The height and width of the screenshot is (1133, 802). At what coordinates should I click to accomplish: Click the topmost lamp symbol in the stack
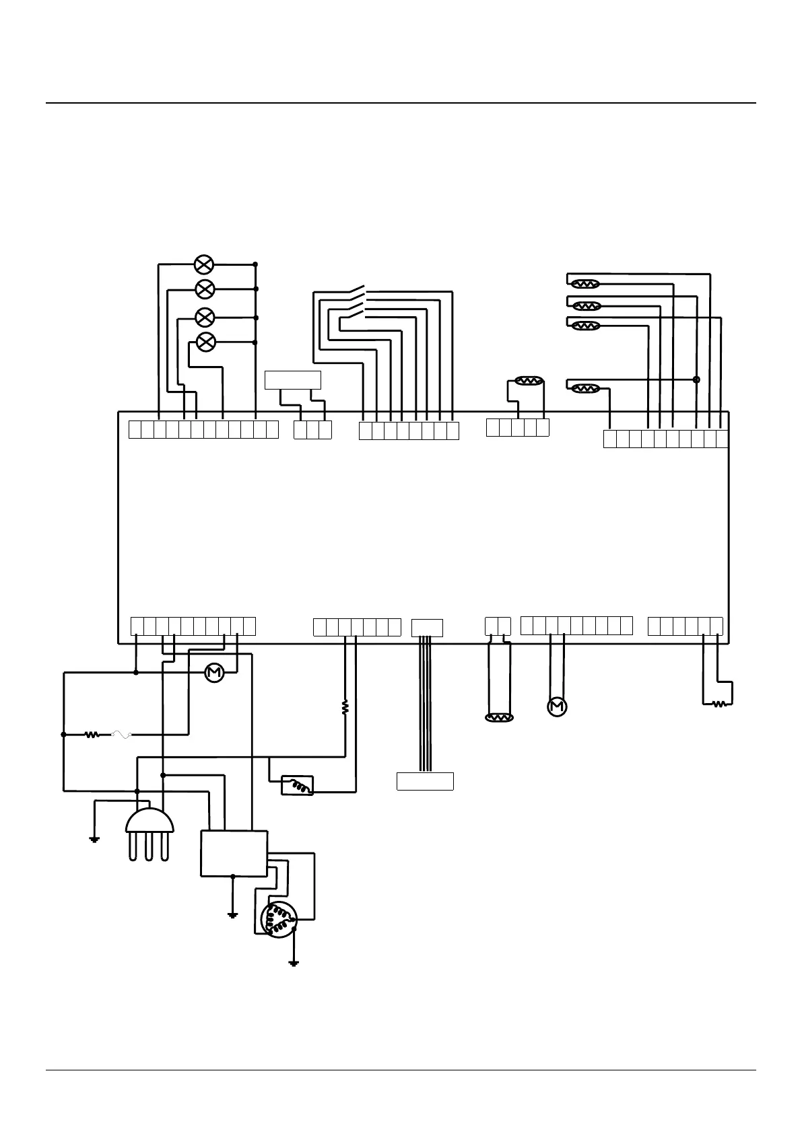click(204, 264)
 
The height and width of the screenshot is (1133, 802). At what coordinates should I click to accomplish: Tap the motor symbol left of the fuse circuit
click(214, 672)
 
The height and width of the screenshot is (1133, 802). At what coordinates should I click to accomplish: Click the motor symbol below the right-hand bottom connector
click(557, 706)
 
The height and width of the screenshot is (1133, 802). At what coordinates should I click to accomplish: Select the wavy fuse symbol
click(120, 735)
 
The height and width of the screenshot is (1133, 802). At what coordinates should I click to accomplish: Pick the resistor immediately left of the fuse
click(92, 735)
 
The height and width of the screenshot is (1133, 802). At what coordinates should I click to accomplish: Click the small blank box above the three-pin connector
click(293, 380)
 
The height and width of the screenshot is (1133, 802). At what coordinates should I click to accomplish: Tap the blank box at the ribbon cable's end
click(425, 781)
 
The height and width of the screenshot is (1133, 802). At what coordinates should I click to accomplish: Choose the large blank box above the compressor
click(234, 853)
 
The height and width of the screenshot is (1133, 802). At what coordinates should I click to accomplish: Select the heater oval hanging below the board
click(499, 718)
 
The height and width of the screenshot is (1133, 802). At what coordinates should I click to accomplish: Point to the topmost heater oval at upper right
click(585, 284)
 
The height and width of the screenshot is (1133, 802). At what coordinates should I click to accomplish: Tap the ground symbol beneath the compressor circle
click(294, 963)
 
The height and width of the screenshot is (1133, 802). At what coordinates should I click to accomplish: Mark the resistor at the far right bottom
click(720, 704)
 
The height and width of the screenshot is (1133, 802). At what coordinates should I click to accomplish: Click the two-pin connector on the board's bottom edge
click(498, 626)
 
